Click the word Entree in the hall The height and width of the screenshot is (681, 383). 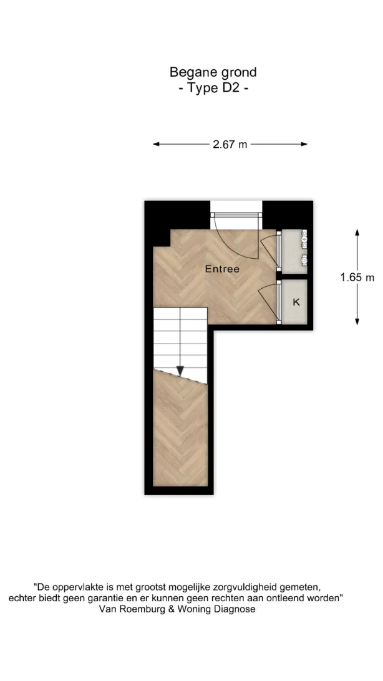tap(222, 269)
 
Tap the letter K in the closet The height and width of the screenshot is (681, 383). tap(296, 302)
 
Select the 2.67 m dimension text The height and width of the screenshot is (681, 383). tap(230, 145)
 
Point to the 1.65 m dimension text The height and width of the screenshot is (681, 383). tap(357, 278)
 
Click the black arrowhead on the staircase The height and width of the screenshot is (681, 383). tap(180, 371)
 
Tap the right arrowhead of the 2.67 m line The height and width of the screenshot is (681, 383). tap(304, 144)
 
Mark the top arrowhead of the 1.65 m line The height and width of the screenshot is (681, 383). tap(357, 233)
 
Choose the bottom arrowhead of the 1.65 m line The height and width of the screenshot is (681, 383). tap(357, 321)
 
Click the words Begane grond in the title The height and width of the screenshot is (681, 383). tap(213, 72)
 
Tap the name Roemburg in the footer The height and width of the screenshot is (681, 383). tap(137, 609)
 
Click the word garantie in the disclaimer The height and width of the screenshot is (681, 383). tap(109, 599)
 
